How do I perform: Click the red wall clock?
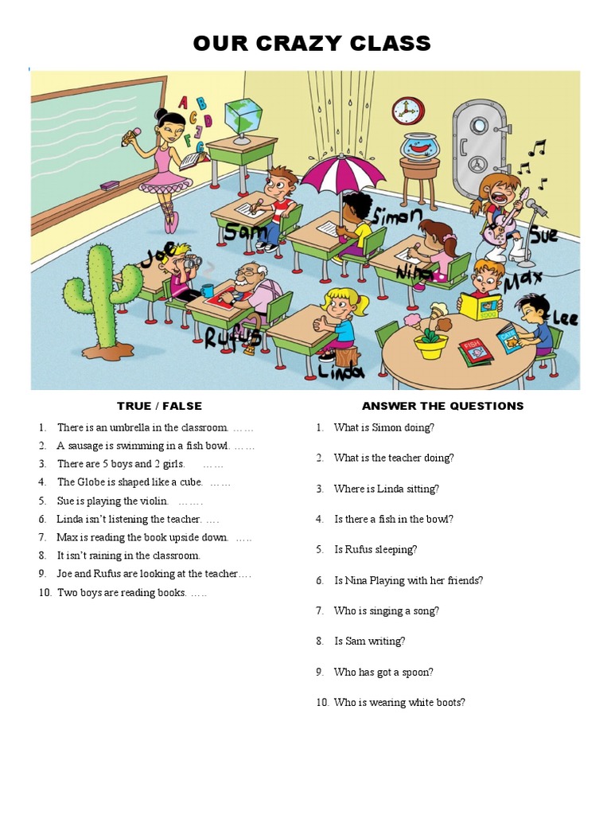(408, 111)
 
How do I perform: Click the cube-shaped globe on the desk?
(243, 115)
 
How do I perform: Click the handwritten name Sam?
(245, 232)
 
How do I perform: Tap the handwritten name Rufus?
(232, 337)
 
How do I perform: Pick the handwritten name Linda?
(341, 371)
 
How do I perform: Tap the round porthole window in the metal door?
(478, 126)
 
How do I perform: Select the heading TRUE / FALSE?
(159, 406)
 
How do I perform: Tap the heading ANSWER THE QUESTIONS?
(442, 406)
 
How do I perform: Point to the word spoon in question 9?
(417, 672)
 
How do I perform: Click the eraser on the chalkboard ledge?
(109, 185)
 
